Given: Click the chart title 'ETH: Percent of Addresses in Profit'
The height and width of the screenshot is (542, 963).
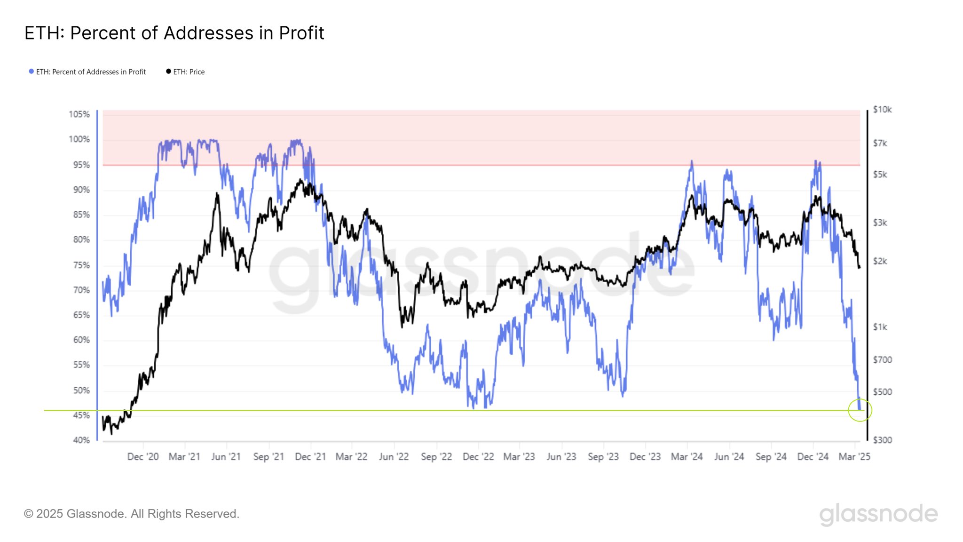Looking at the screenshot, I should coord(174,33).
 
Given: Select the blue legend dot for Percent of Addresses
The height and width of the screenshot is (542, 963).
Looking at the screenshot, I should coord(31,72).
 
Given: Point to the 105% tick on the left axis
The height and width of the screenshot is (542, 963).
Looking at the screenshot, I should coord(79,114).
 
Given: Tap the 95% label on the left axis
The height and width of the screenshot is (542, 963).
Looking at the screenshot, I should coord(81,165).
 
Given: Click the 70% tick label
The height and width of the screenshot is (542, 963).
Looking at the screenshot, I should coord(81,290).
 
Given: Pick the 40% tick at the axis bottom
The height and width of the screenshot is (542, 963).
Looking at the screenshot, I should coord(81,440).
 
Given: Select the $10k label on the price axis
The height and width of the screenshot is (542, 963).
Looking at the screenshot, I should coord(882,110).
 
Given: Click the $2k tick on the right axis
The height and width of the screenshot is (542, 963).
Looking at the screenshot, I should coord(880,262).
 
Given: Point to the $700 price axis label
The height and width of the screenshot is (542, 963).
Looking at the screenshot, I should coord(882,360).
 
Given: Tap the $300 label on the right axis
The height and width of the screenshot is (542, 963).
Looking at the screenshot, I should coord(882,440).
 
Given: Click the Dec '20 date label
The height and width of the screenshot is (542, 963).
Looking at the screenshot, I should coord(143,457).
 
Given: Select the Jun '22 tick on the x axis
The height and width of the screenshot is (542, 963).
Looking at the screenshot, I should coord(394,457).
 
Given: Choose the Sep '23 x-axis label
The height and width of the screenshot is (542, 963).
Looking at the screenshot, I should coord(603,457).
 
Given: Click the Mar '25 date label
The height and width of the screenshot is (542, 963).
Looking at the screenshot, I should coord(854,457).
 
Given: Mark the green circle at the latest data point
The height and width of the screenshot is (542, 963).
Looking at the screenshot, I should coord(860,410).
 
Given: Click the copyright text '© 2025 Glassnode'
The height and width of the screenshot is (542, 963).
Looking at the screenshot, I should coord(132,514).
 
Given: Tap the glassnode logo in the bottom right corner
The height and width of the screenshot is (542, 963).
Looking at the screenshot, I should coord(878,514).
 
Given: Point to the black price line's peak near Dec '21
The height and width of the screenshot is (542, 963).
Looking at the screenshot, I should coord(300,180).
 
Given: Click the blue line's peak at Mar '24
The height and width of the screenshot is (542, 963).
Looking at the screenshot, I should coord(691,161).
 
